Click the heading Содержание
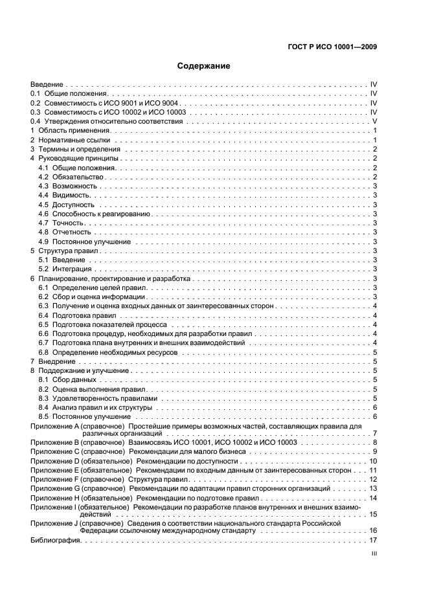tap(204, 66)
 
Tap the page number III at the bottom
tap(374, 554)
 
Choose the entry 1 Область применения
tap(68, 131)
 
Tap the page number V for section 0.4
tap(374, 122)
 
